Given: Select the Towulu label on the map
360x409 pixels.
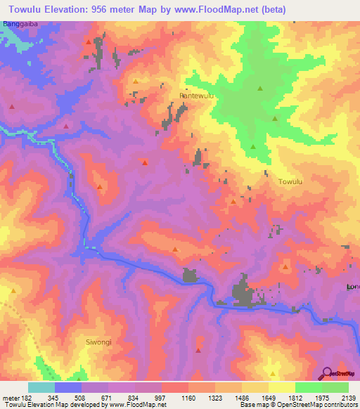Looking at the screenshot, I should click(290, 182).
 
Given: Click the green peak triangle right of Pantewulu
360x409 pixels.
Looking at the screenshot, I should click(260, 89).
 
